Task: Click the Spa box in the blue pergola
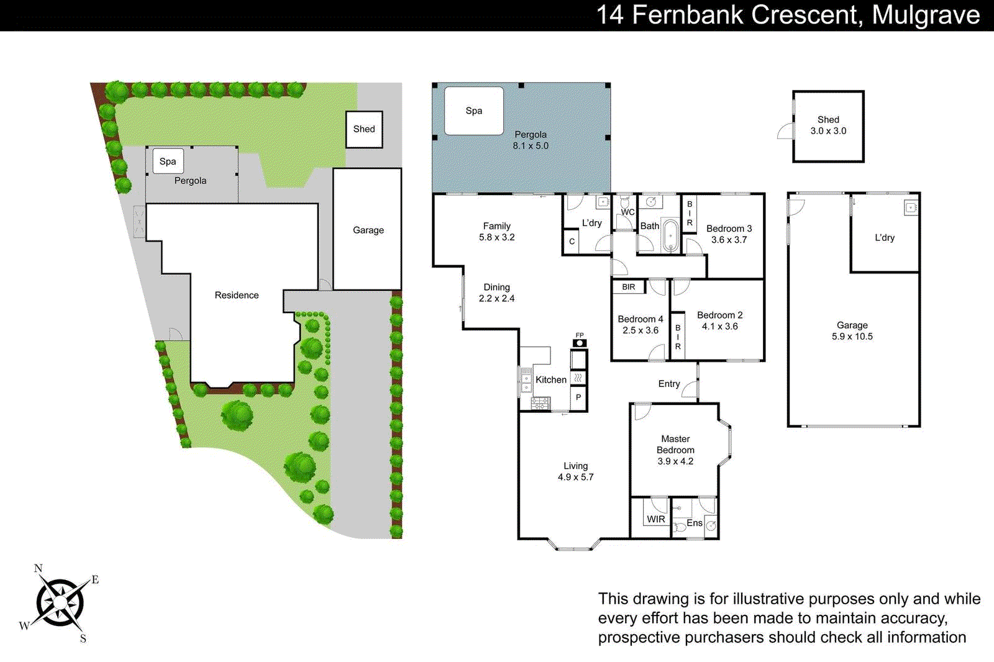tap(474, 111)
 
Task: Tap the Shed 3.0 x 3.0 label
tap(828, 125)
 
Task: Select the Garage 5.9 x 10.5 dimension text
tap(852, 337)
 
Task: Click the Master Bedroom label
tap(675, 444)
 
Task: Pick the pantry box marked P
tap(578, 397)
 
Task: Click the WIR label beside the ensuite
tap(655, 519)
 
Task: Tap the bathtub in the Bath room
tap(670, 237)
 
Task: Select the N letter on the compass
tap(39, 568)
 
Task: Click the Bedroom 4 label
tap(640, 319)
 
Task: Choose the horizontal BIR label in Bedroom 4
tap(629, 287)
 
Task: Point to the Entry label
tap(669, 384)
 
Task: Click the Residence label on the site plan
tap(237, 295)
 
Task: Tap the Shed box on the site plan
tap(364, 129)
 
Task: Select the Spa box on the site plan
tap(168, 161)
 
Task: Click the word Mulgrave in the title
tap(926, 15)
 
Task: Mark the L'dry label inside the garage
tap(885, 237)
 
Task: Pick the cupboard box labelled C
tap(572, 242)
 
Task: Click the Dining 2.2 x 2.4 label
tap(496, 292)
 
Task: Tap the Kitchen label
tap(551, 379)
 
